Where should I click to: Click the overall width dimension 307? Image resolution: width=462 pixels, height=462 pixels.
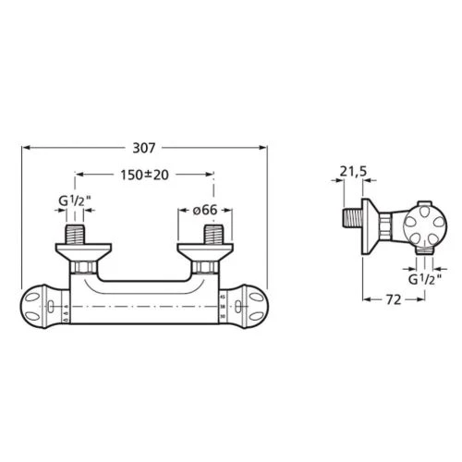point(144,146)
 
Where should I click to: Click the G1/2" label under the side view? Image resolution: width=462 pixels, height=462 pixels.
point(426,277)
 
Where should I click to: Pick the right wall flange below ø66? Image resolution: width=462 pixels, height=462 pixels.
point(202,249)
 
